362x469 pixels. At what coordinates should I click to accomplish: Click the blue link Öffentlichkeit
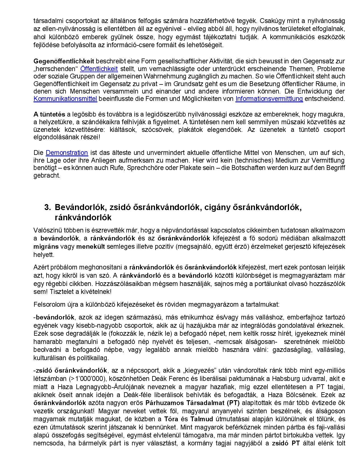point(99,69)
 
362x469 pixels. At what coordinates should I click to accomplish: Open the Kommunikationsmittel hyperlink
point(65,99)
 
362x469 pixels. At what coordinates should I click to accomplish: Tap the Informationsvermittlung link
point(269,99)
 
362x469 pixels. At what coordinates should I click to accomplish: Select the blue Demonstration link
point(67,153)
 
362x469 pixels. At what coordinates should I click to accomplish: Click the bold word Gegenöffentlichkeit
point(64,61)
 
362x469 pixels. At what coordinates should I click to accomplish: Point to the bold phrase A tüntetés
point(49,114)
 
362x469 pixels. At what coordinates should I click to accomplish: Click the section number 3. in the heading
point(47,207)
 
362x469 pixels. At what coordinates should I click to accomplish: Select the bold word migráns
point(46,246)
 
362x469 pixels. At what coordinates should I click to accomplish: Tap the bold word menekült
point(91,246)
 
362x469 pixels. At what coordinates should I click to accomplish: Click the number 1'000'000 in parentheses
point(87,379)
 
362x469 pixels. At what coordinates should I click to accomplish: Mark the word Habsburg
point(287,379)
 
